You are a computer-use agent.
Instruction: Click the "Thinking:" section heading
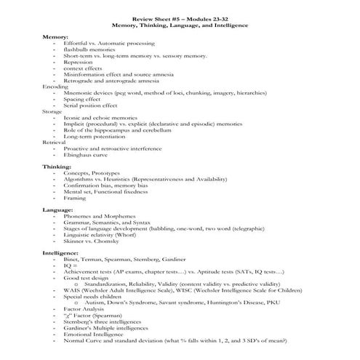57,166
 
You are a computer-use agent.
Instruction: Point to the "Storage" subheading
52,111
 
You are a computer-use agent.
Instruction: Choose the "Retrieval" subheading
55,142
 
